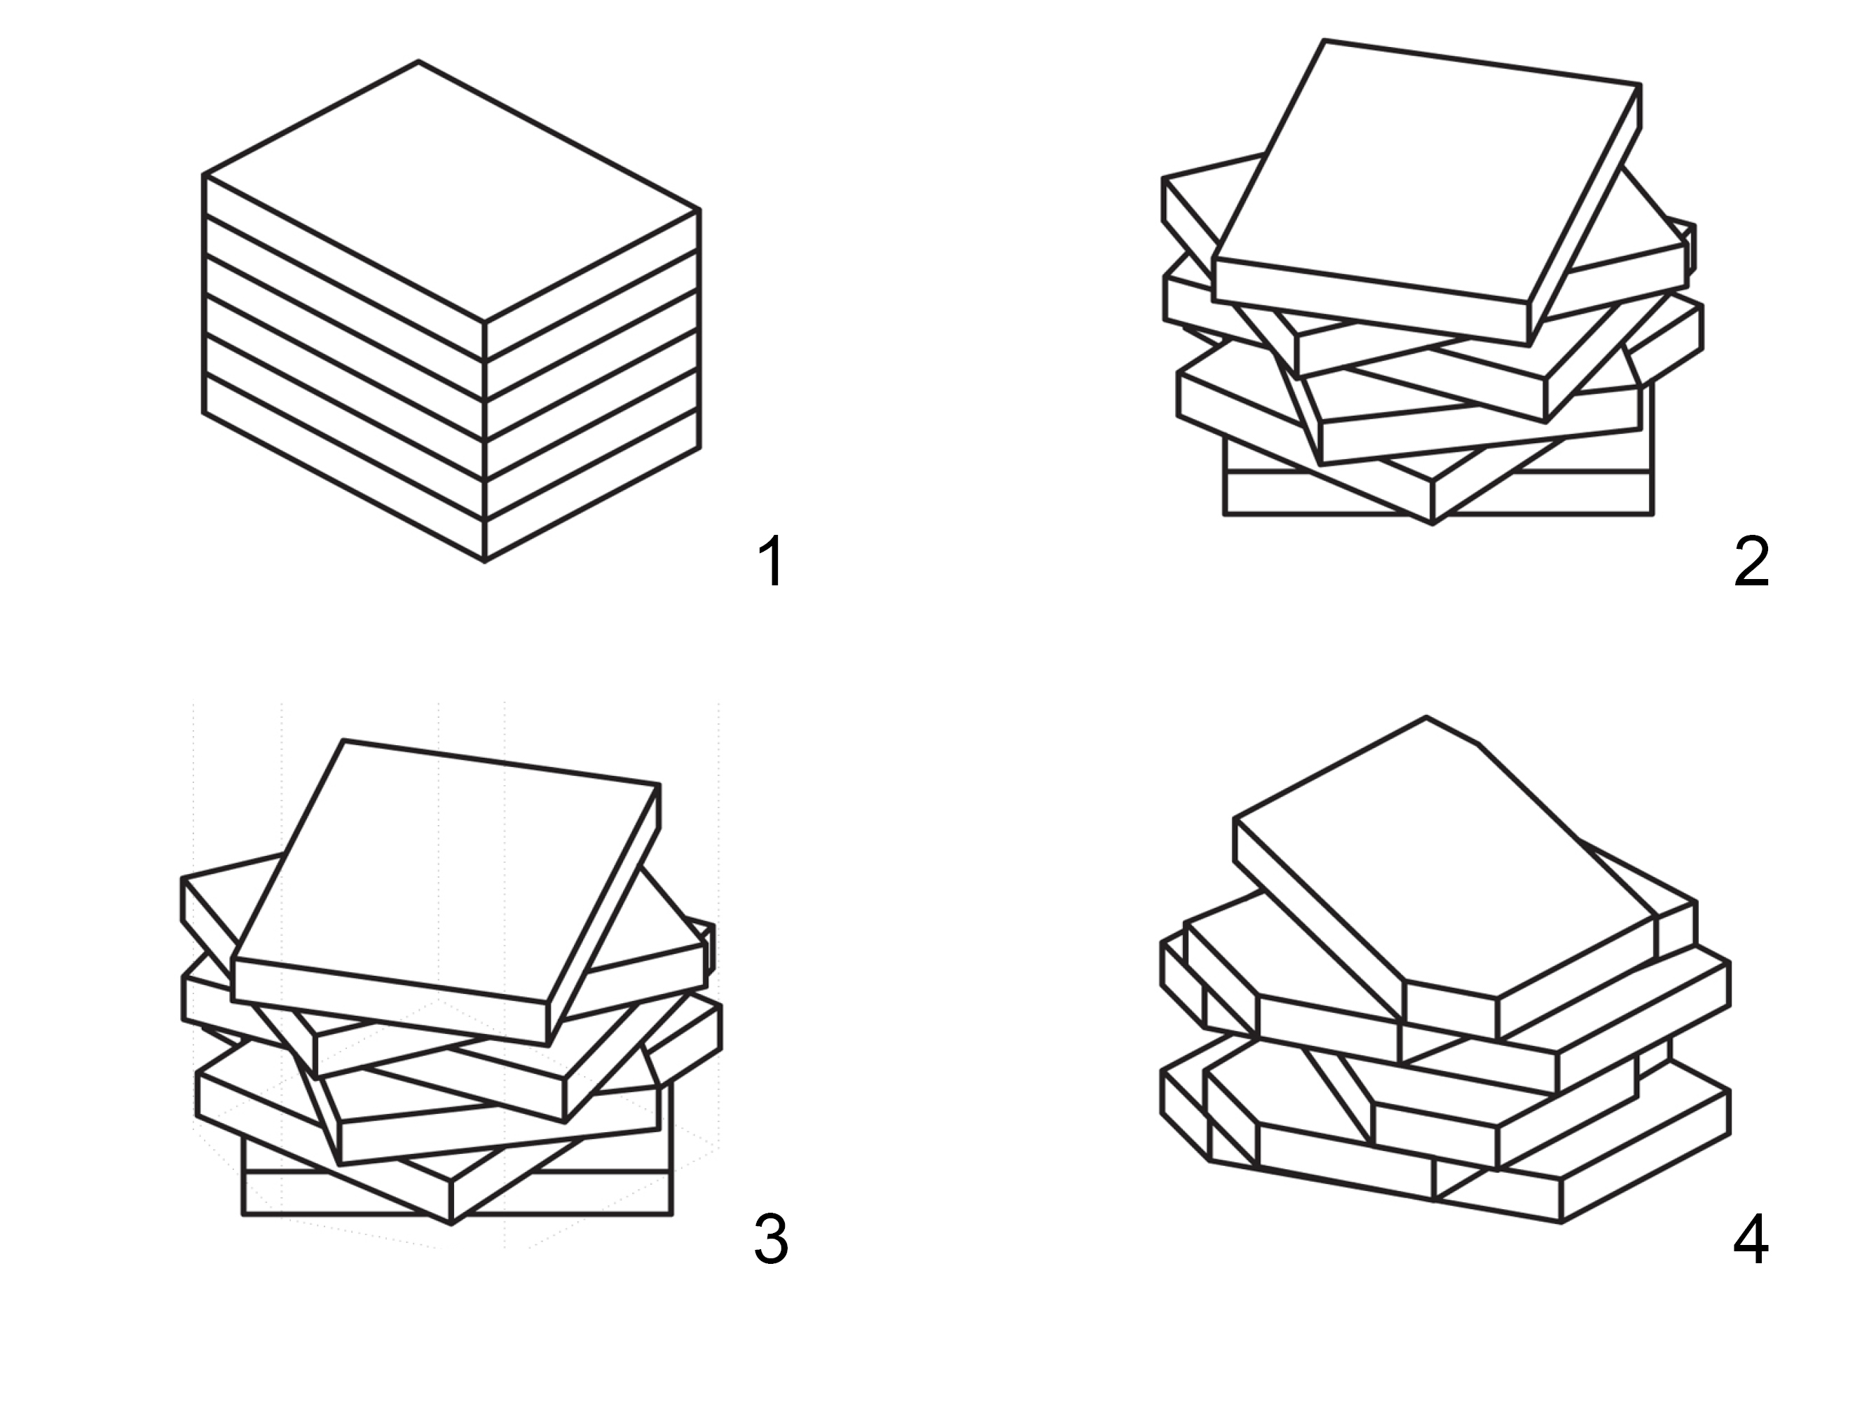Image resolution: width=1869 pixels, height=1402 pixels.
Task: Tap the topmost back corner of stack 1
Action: pos(418,62)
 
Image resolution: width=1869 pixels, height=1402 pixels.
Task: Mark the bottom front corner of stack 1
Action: pos(484,560)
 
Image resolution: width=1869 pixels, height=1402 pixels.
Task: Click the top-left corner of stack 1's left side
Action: pos(205,176)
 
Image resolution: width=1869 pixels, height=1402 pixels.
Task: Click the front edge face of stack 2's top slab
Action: pos(1371,301)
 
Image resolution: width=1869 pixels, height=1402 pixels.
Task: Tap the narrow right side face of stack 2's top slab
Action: pos(1584,215)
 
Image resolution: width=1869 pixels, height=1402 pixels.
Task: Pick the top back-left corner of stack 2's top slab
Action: pos(1323,41)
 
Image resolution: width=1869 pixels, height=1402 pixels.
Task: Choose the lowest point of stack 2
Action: pos(1432,524)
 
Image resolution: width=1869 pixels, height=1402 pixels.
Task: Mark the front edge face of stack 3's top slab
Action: pos(390,1002)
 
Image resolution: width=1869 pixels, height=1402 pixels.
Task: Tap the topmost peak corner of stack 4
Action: pos(1427,718)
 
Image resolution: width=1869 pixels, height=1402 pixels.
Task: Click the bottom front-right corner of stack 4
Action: pos(1561,1222)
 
